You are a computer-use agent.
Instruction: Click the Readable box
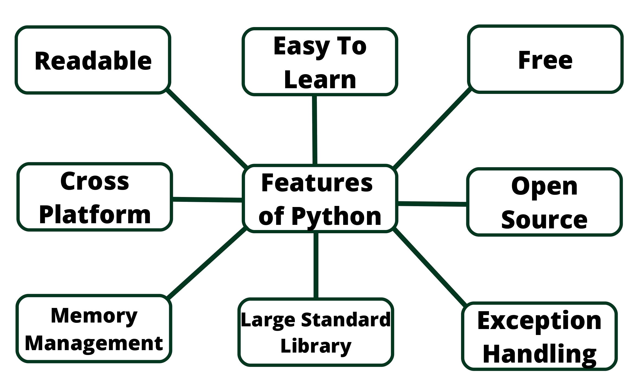[x=93, y=60]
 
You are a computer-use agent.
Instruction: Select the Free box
[x=545, y=59]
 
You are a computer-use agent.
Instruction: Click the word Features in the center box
[x=317, y=183]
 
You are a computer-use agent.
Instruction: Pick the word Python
[x=336, y=216]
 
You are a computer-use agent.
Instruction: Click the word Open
[x=545, y=187]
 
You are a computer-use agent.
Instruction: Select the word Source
[x=544, y=219]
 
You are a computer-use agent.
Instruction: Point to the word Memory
[x=94, y=316]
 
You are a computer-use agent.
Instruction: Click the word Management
[x=94, y=344]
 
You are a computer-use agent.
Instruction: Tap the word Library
[x=316, y=346]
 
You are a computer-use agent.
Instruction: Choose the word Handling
[x=539, y=354]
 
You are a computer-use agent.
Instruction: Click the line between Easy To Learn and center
[x=314, y=130]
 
